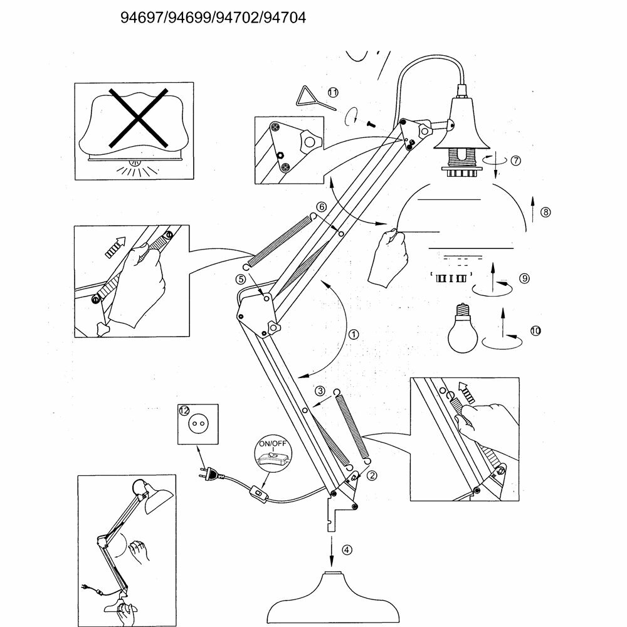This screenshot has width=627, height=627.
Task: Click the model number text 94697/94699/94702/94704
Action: tap(213, 18)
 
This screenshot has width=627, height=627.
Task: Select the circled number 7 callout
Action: tap(515, 160)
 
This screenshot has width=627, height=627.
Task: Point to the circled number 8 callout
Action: tap(546, 212)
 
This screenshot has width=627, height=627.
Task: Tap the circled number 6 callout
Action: tap(321, 206)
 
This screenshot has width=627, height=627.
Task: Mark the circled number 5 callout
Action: tap(240, 279)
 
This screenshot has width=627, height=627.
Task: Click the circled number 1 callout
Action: tap(354, 334)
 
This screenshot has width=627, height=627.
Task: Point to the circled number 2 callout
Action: tap(372, 475)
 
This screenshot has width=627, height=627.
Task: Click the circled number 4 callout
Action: tap(347, 551)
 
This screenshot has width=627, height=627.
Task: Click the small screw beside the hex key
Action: tap(370, 124)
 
